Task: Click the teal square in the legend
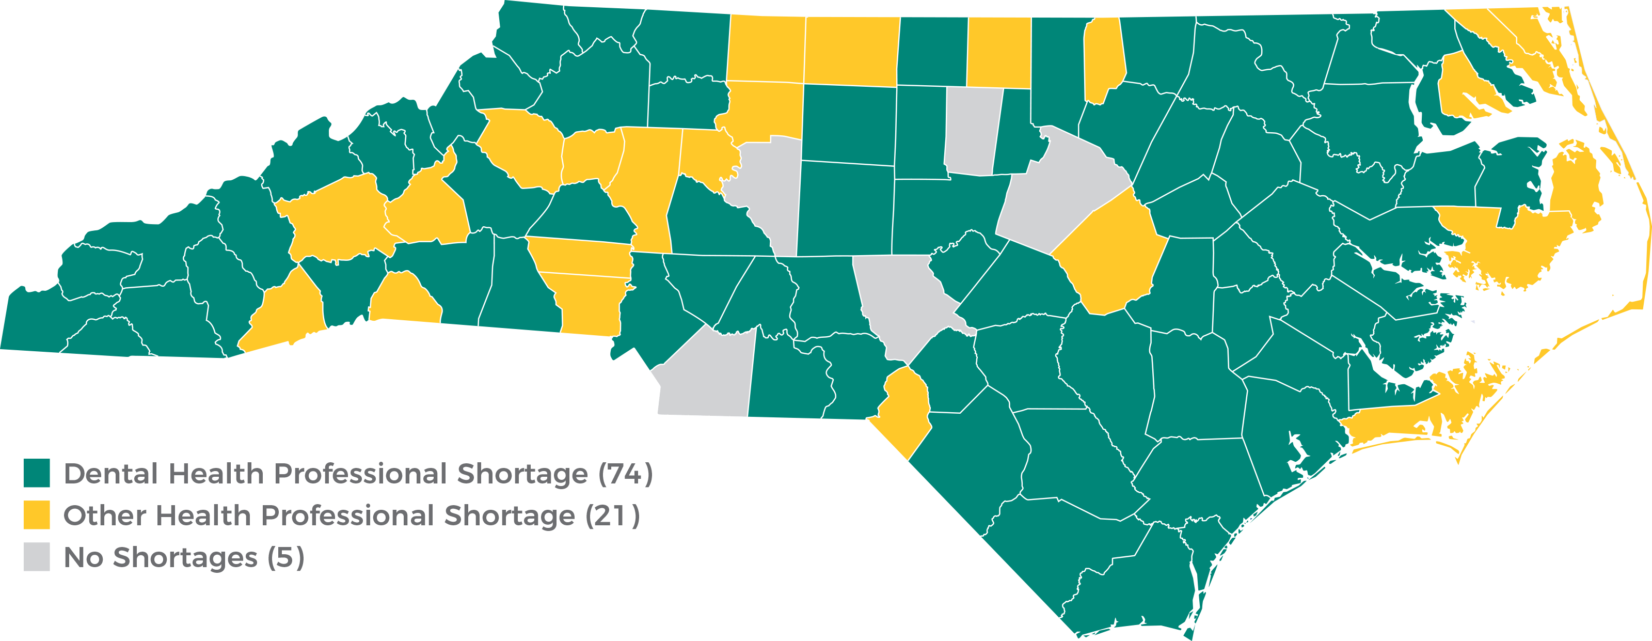pyautogui.click(x=37, y=473)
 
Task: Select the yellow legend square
pyautogui.click(x=37, y=515)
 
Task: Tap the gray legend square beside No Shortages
pyautogui.click(x=37, y=557)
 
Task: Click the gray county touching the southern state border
pyautogui.click(x=705, y=379)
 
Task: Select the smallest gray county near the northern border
pyautogui.click(x=972, y=132)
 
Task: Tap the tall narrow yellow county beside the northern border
pyautogui.click(x=1103, y=58)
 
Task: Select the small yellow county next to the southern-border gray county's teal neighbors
pyautogui.click(x=904, y=411)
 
